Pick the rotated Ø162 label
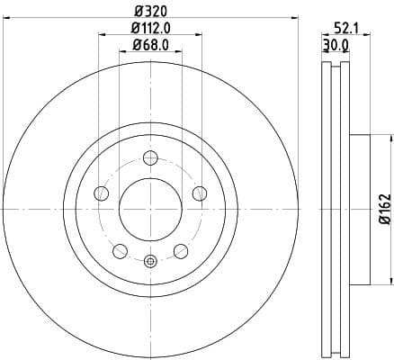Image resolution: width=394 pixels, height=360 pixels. [x=383, y=208]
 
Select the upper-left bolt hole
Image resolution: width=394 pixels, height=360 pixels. [x=101, y=193]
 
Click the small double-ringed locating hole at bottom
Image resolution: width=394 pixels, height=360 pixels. [x=150, y=262]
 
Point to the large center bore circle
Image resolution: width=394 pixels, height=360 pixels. [x=150, y=209]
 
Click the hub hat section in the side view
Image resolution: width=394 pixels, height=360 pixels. [x=357, y=209]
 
